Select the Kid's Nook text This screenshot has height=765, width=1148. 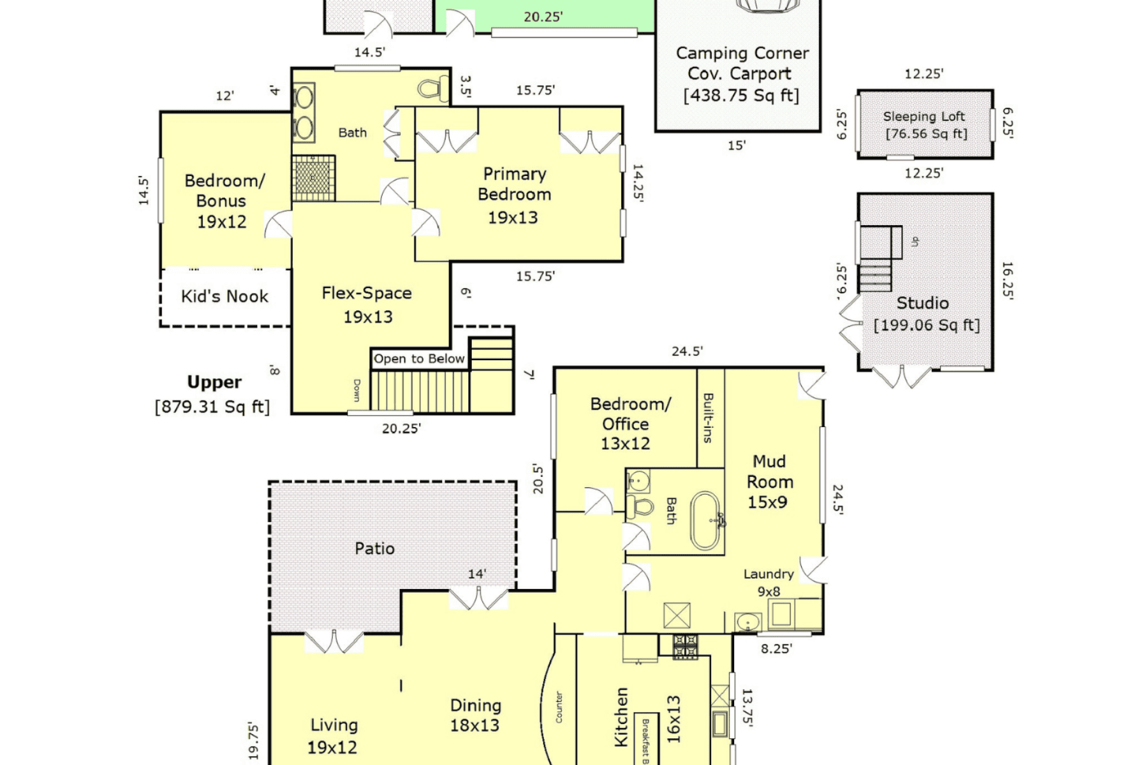click(224, 296)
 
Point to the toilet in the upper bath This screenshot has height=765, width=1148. click(434, 89)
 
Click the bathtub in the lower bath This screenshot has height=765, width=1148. click(707, 520)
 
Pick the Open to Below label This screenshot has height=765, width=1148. click(419, 358)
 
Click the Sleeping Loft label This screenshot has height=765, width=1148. click(924, 117)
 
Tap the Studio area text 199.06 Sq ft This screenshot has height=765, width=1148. click(927, 325)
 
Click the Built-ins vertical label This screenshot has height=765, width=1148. click(709, 418)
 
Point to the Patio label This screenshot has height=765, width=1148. click(374, 548)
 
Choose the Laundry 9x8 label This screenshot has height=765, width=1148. click(769, 583)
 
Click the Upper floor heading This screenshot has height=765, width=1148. click(214, 382)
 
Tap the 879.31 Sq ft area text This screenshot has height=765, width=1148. click(212, 407)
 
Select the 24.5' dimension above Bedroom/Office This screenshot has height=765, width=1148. click(687, 351)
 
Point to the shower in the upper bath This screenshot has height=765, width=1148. click(313, 178)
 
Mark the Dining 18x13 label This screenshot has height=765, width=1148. click(475, 715)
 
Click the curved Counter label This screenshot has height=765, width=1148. click(559, 707)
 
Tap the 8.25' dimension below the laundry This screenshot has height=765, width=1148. click(776, 649)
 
